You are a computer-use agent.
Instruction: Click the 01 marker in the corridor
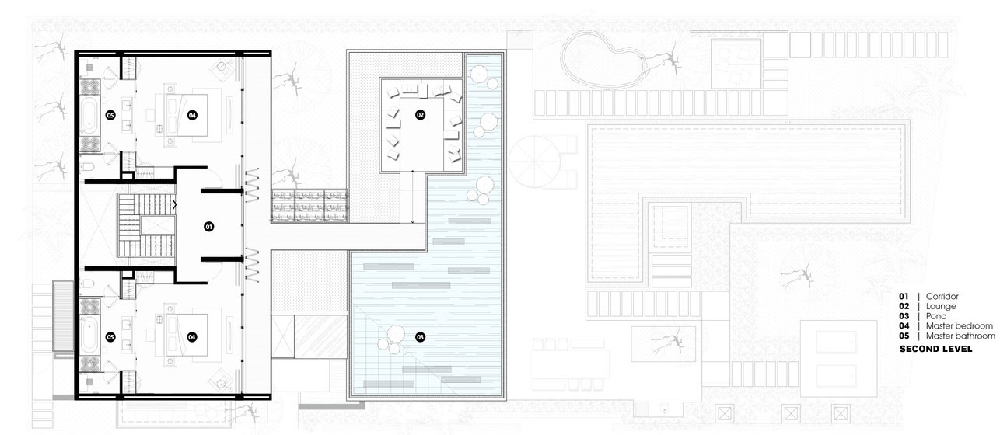[x=208, y=227]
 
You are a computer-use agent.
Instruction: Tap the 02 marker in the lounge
[x=420, y=115]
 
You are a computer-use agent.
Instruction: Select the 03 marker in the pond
[x=420, y=337]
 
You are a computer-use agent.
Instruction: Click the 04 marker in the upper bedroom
[x=192, y=116]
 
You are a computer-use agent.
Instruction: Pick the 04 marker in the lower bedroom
[x=192, y=337]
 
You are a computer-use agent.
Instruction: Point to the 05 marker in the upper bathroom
[x=110, y=116]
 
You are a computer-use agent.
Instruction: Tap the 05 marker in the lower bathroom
[x=110, y=337]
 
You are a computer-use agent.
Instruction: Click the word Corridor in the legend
[x=942, y=296]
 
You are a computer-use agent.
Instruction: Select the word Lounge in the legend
[x=941, y=306]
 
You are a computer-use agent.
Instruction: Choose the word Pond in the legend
[x=936, y=316]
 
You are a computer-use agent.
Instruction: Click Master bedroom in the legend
[x=960, y=326]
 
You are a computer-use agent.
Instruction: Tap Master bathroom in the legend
[x=960, y=336]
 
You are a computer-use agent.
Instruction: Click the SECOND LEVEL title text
[x=936, y=349]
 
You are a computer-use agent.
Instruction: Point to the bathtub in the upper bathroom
[x=90, y=116]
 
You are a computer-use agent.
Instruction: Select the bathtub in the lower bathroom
[x=90, y=337]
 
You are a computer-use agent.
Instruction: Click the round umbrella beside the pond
[x=535, y=162]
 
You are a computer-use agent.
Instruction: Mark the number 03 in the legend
[x=904, y=316]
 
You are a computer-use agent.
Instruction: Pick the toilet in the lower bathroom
[x=88, y=284]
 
